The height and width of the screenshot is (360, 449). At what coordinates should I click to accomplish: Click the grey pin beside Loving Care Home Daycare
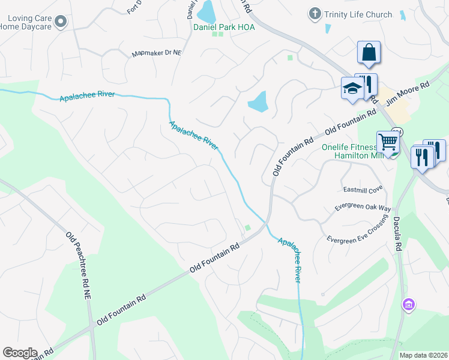pyautogui.click(x=60, y=22)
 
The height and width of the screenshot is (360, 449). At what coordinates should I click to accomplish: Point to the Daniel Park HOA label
pyautogui.click(x=224, y=27)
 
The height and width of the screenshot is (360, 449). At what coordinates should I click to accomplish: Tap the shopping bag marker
pyautogui.click(x=369, y=53)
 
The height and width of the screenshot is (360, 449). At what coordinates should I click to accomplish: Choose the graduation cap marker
pyautogui.click(x=352, y=89)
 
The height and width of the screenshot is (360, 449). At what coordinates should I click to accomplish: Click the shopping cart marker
pyautogui.click(x=388, y=143)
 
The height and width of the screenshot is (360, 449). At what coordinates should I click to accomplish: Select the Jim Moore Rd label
pyautogui.click(x=409, y=94)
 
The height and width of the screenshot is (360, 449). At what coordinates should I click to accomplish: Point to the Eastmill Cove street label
pyautogui.click(x=363, y=190)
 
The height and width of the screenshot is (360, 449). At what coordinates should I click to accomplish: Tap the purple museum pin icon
pyautogui.click(x=409, y=305)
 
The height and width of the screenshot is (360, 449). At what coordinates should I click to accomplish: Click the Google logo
pyautogui.click(x=20, y=352)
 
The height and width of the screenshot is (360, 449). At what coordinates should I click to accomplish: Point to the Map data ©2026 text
pyautogui.click(x=423, y=355)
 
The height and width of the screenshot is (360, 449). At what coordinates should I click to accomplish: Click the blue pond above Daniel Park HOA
pyautogui.click(x=206, y=10)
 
